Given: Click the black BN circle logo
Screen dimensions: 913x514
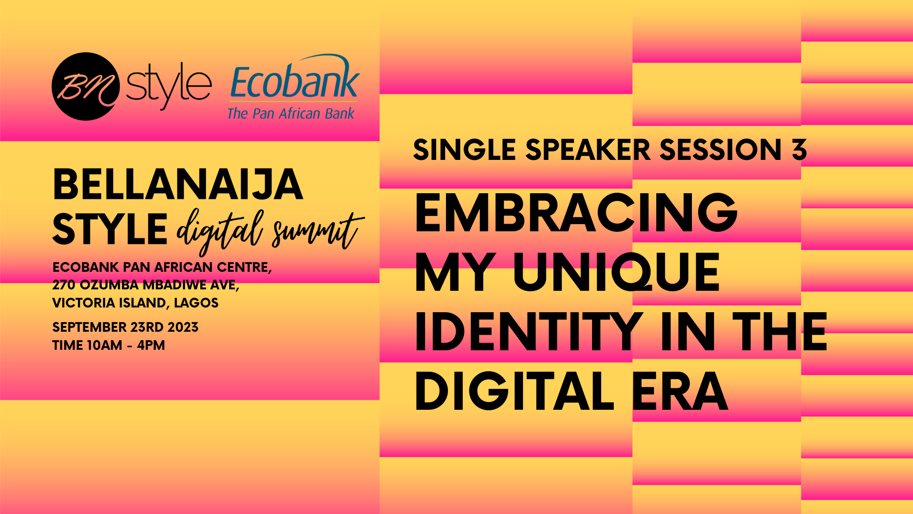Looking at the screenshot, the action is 86,86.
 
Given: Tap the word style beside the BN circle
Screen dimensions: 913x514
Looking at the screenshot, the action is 169,86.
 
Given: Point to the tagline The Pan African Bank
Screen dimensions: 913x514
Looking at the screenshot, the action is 291,113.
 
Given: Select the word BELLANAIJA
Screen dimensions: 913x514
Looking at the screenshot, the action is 178,185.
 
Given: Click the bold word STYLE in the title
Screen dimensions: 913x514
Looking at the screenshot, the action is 110,229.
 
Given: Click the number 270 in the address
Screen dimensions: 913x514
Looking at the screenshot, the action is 64,285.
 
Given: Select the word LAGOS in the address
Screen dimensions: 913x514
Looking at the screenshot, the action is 196,303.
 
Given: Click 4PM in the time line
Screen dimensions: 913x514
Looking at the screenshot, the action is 151,345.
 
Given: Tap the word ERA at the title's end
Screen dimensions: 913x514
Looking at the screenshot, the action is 680,391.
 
